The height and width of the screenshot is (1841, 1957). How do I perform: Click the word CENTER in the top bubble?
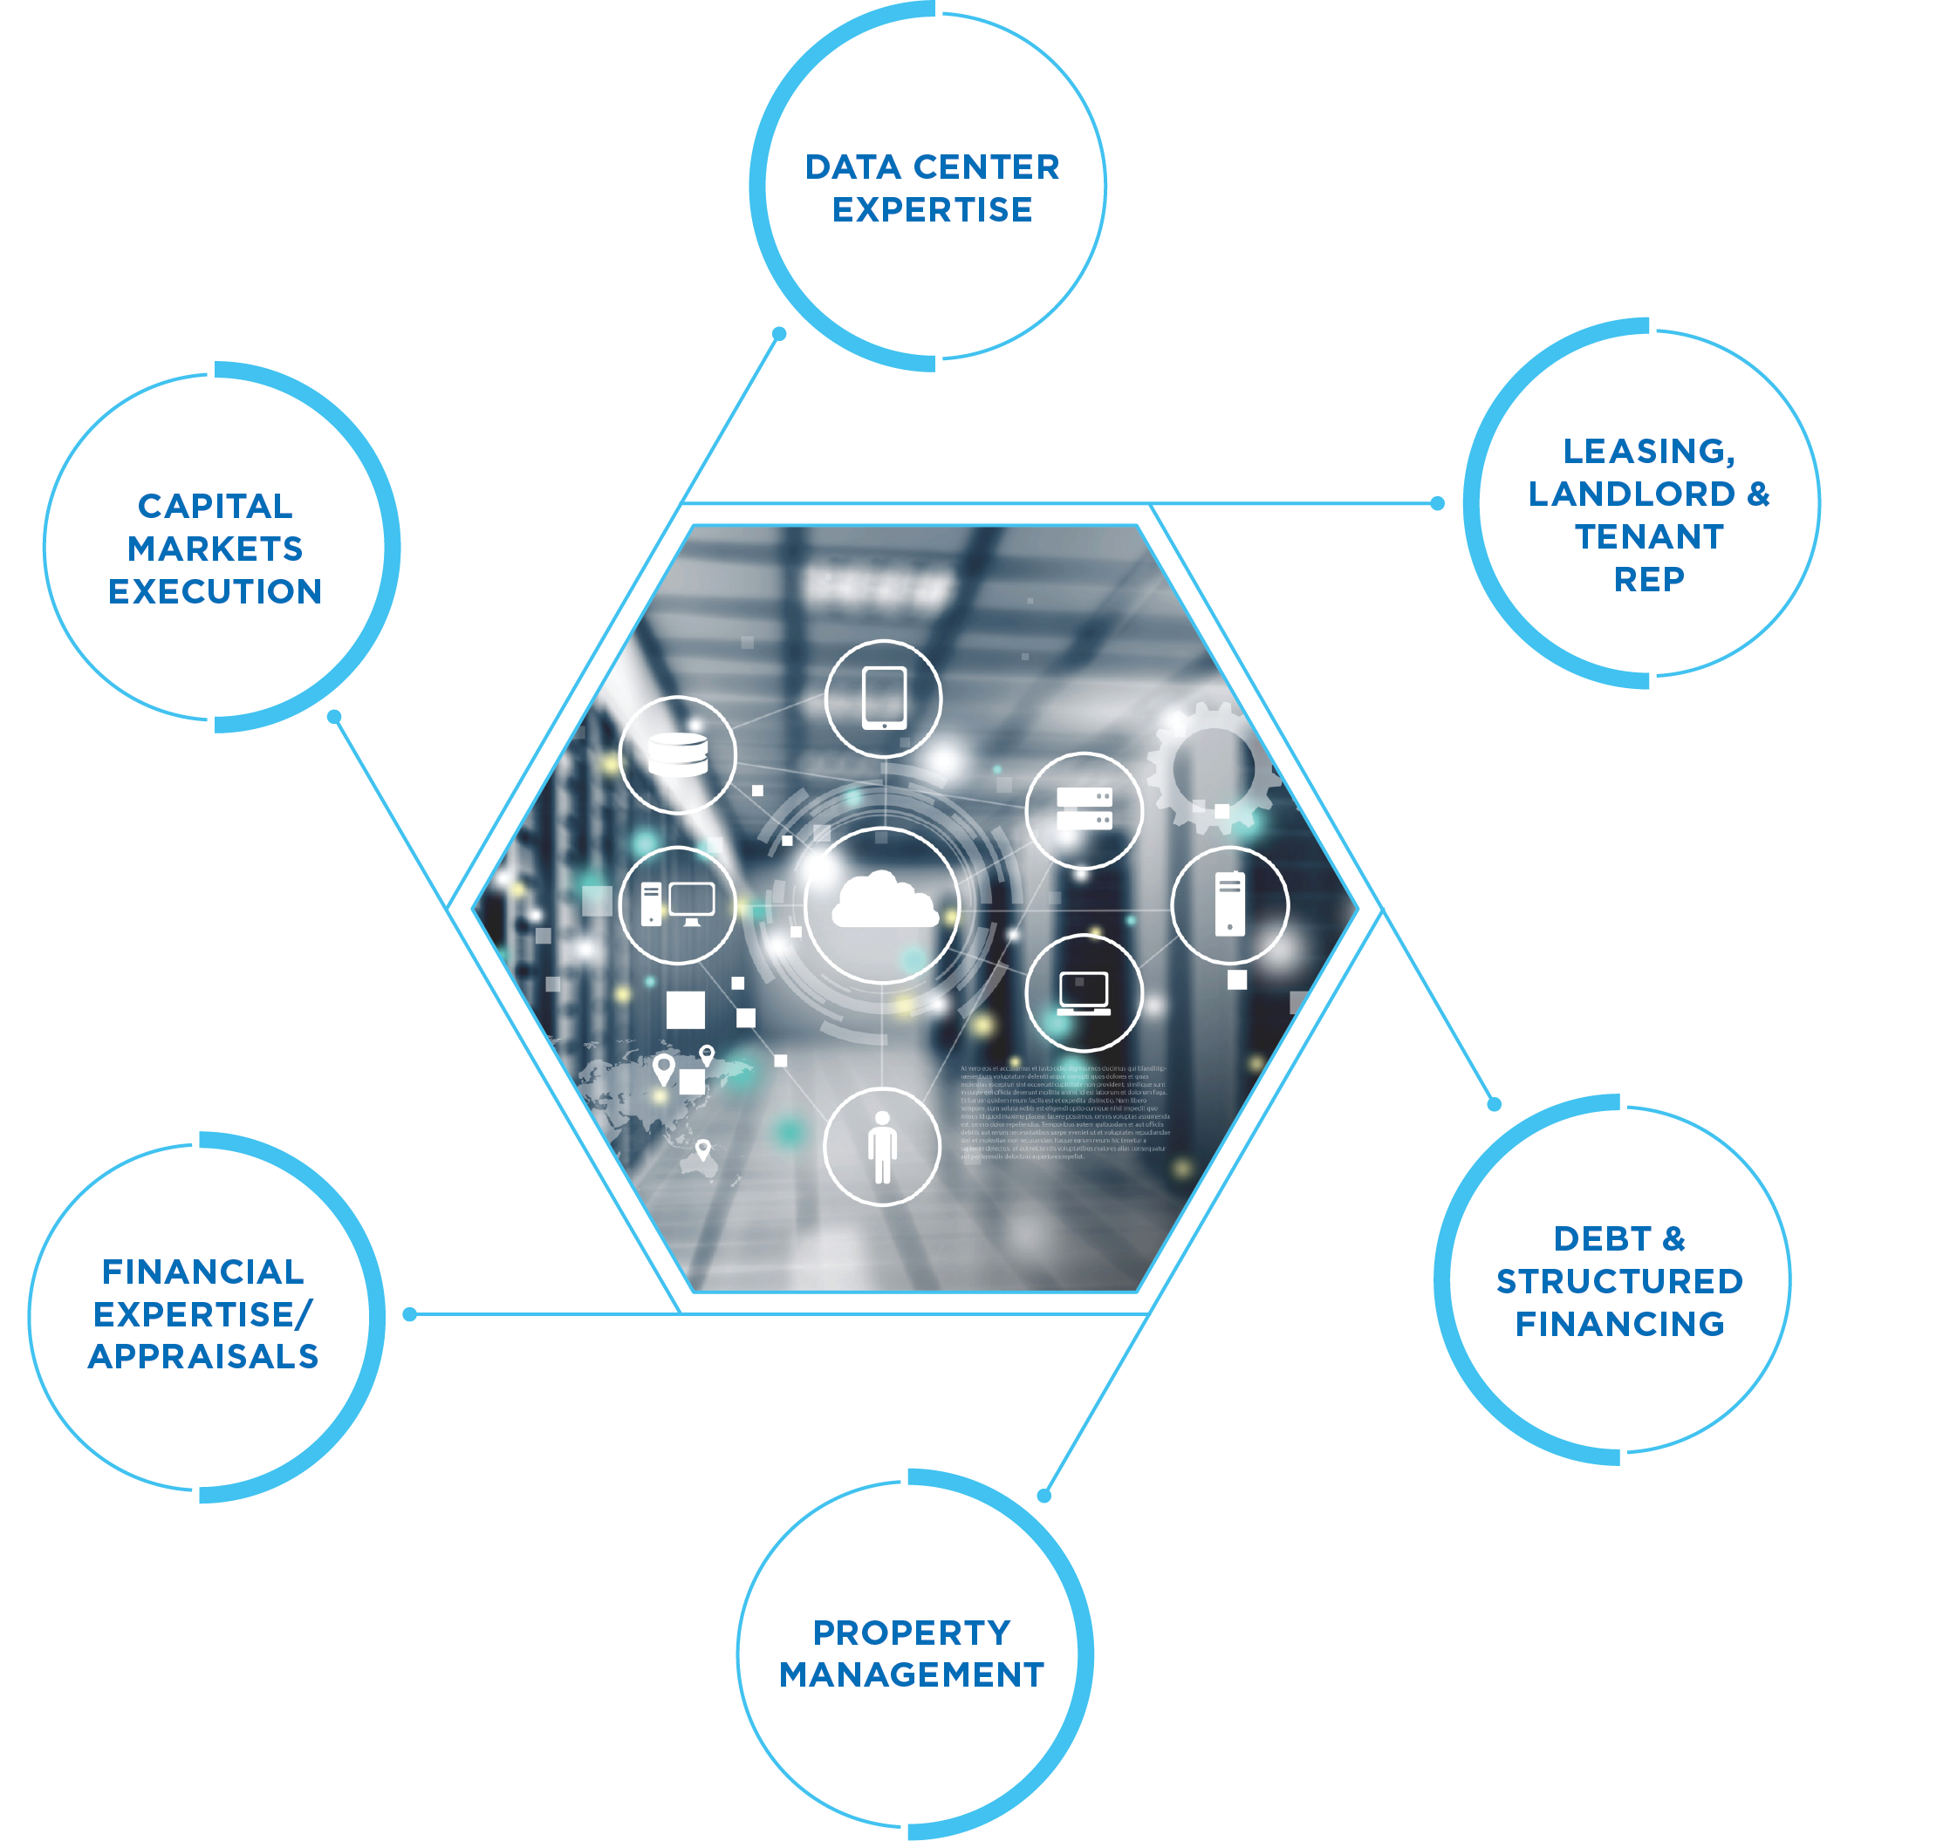coord(987,167)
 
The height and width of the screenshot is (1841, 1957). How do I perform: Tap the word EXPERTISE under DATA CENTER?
coord(932,209)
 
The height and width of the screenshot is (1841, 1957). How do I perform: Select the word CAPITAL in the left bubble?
coord(215,506)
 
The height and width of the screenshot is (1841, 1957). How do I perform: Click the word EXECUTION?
coord(215,591)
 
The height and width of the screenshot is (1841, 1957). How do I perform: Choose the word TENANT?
coord(1649,536)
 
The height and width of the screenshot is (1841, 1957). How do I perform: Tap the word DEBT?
coord(1602,1238)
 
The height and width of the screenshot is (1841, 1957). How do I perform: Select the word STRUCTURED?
coord(1619,1281)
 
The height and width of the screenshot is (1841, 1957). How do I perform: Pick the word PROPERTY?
coord(912,1633)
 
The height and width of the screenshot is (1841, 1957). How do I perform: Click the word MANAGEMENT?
coord(912,1674)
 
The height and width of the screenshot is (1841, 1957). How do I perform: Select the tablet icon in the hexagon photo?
coord(883,698)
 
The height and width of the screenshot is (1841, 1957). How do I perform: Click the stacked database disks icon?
coord(677,754)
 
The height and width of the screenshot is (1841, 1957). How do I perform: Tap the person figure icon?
coord(882,1146)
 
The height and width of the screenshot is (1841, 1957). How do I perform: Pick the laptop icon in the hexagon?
coord(1084,992)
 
